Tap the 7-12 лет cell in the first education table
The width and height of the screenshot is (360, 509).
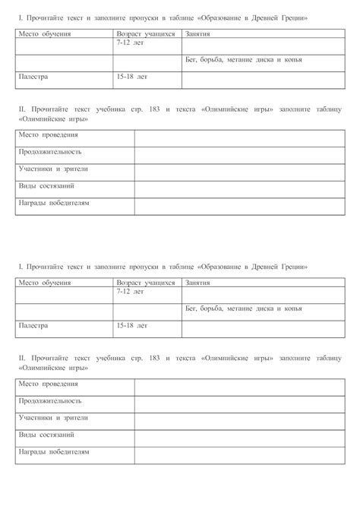(x=130, y=43)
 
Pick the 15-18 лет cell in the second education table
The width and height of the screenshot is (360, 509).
(x=132, y=325)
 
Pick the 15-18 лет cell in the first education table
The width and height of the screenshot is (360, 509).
(x=132, y=77)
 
